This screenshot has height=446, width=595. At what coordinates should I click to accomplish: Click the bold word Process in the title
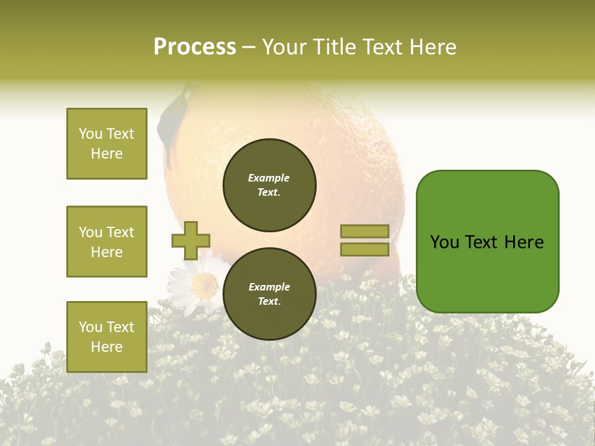[195, 46]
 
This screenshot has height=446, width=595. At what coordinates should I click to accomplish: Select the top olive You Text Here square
[107, 144]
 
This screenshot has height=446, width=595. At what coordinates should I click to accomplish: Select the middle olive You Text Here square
[107, 242]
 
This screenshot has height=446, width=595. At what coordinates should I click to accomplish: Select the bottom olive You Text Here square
[107, 336]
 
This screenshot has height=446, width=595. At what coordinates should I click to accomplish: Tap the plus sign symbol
[191, 240]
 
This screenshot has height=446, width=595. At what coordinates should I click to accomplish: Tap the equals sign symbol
[364, 240]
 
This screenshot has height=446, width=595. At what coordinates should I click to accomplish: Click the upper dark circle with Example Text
[270, 185]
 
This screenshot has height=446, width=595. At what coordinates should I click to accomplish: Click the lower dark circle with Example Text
[270, 294]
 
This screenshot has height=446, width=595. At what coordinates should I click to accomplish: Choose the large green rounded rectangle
[487, 242]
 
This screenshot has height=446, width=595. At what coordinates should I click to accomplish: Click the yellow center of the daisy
[204, 286]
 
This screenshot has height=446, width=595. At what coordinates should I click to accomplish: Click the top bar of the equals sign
[364, 231]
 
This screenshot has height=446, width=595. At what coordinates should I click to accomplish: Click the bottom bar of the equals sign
[364, 250]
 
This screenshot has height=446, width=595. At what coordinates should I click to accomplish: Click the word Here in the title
[433, 47]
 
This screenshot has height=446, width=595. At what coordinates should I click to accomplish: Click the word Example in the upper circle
[269, 178]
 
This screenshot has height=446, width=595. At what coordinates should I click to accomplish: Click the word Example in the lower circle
[269, 287]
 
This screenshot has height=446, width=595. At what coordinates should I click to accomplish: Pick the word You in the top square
[90, 134]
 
